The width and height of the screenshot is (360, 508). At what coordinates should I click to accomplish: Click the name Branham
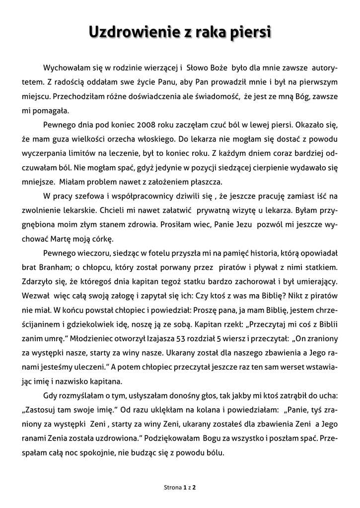(x=59, y=267)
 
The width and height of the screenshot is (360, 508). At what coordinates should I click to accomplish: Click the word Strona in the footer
(x=173, y=488)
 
